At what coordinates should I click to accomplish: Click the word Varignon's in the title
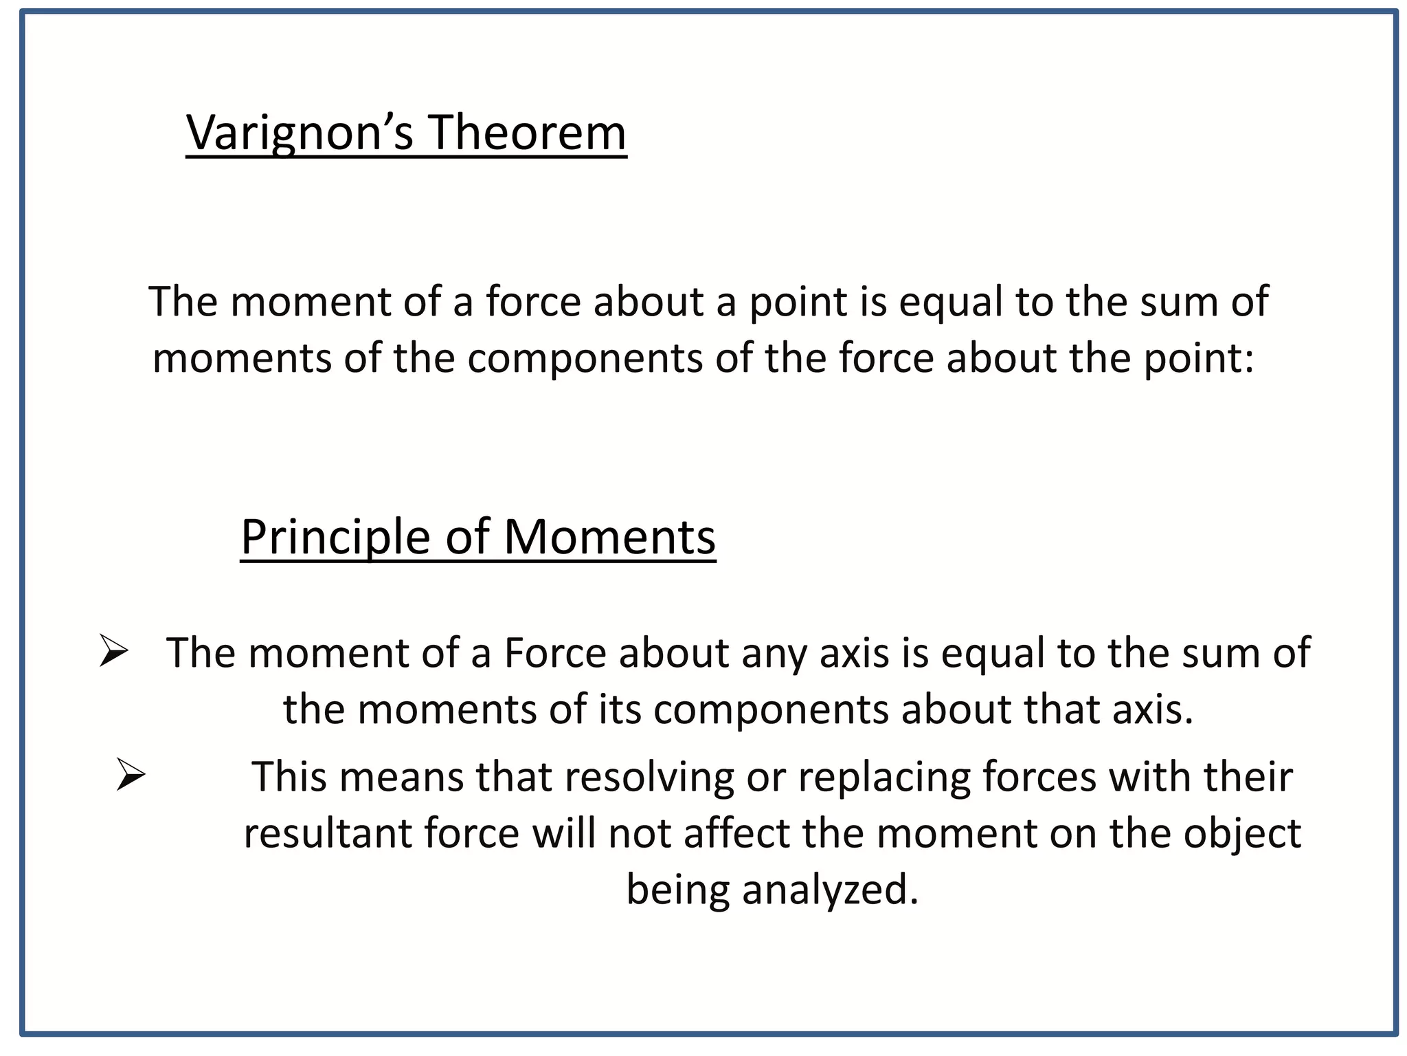pyautogui.click(x=300, y=132)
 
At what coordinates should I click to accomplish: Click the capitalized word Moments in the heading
pyautogui.click(x=609, y=537)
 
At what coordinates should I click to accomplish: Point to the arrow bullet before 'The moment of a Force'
pyautogui.click(x=113, y=650)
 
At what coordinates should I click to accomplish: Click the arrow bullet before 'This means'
pyautogui.click(x=131, y=774)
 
